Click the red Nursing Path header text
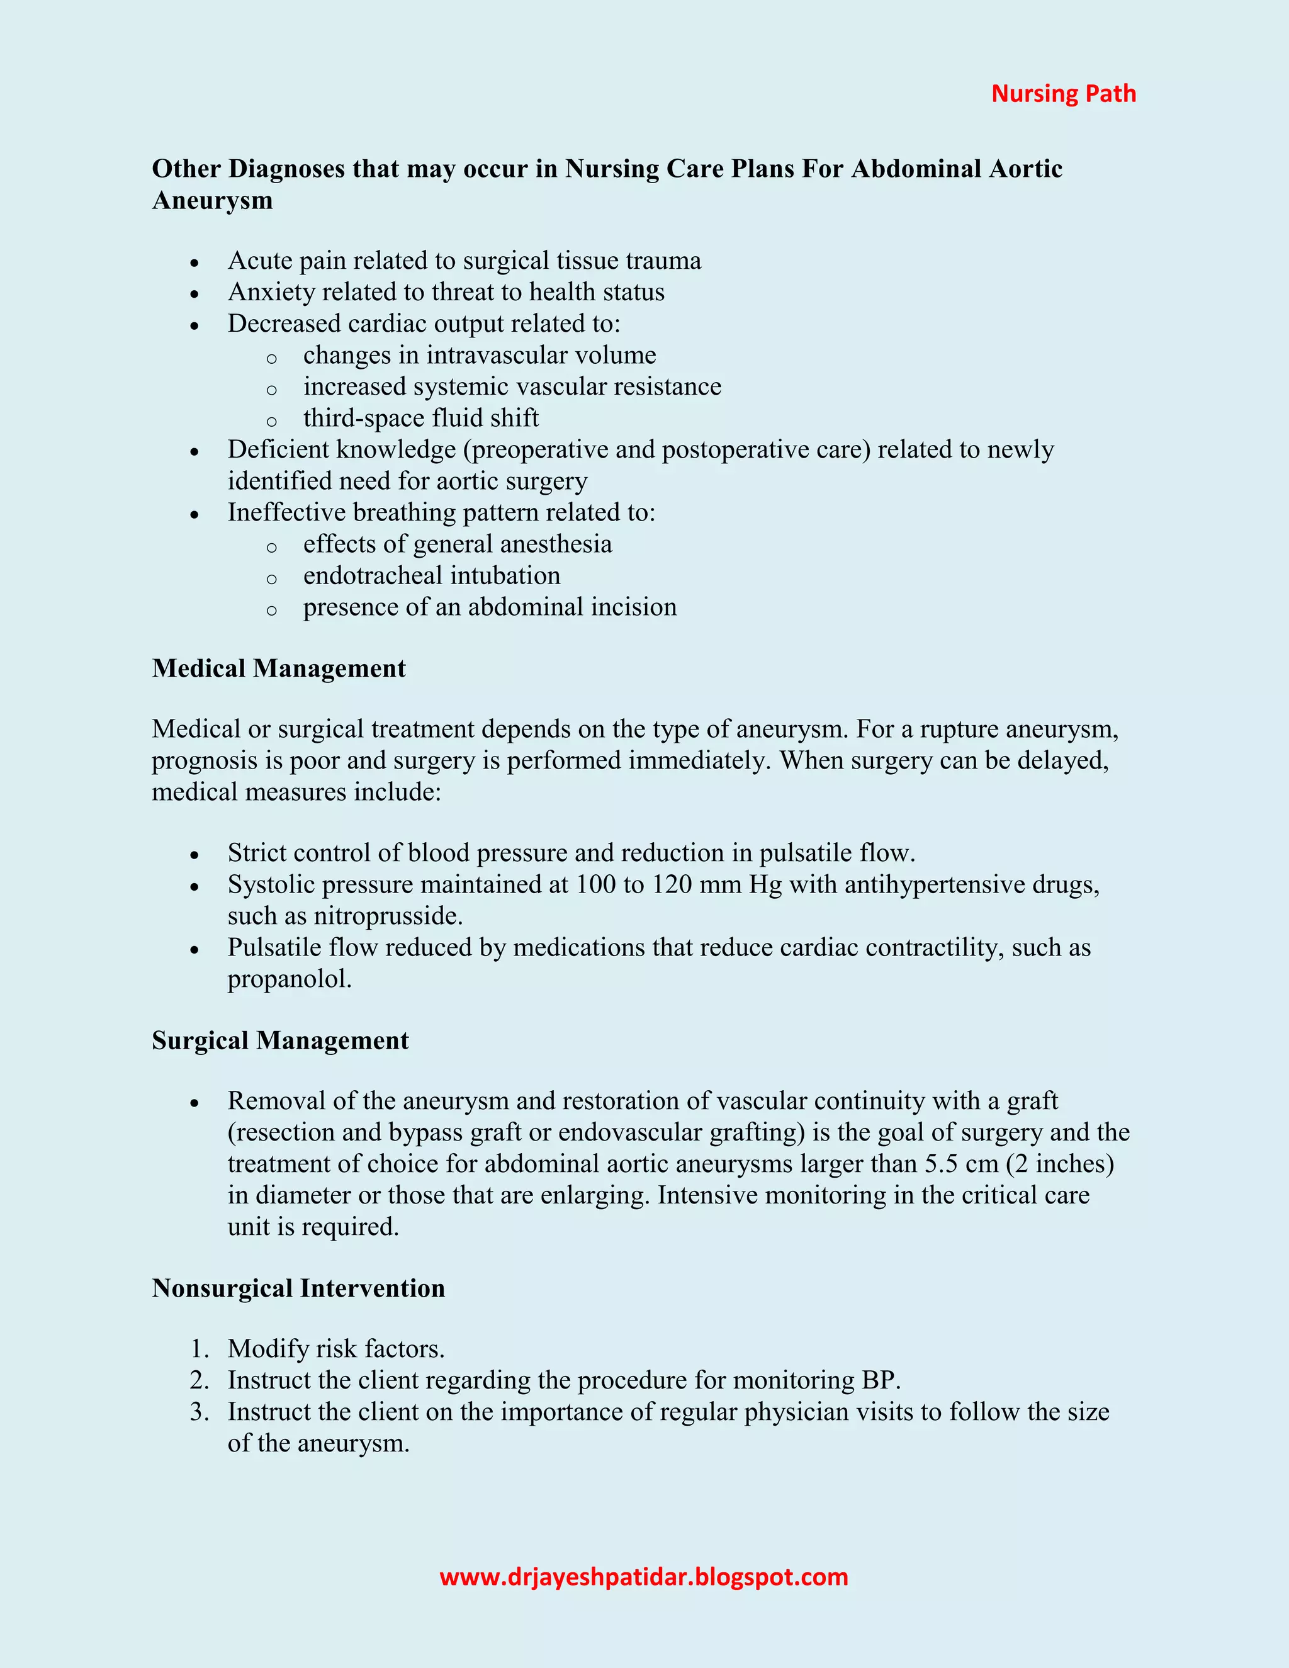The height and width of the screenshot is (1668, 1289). [1063, 93]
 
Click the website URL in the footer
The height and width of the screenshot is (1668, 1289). [644, 1577]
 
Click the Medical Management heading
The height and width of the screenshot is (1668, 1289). [279, 668]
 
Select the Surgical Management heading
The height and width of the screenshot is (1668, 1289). [280, 1040]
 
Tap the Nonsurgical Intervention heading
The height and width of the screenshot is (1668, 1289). [298, 1288]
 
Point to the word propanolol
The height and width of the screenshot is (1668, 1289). [289, 978]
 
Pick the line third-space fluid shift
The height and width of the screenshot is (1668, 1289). [421, 418]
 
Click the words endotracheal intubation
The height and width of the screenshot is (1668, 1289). [431, 575]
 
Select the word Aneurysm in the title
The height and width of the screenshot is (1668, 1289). [212, 200]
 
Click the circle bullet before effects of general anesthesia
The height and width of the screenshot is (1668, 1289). [271, 547]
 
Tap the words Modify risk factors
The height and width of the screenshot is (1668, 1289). [336, 1349]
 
